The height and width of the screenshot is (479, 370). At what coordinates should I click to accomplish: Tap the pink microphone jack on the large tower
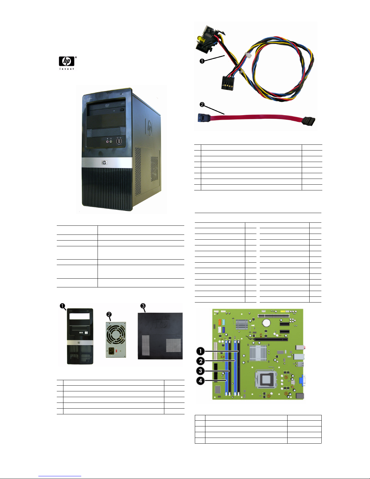click(x=108, y=141)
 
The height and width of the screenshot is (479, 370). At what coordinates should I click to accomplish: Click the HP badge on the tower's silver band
click(x=104, y=163)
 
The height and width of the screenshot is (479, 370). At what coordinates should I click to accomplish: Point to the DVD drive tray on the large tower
click(x=106, y=108)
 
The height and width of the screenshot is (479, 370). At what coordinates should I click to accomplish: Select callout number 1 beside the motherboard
click(x=201, y=351)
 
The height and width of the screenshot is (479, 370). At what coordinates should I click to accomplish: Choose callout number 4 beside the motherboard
click(x=201, y=381)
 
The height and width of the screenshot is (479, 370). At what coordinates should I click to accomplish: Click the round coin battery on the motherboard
click(x=266, y=323)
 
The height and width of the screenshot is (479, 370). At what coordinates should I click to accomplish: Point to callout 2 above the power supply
click(x=109, y=315)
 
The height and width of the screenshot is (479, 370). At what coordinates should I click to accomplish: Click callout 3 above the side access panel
click(x=143, y=306)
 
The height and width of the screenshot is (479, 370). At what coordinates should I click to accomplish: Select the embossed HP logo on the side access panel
click(x=163, y=324)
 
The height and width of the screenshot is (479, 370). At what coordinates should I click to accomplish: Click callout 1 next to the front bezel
click(x=63, y=306)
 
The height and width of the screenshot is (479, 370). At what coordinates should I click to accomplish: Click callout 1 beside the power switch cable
click(x=202, y=61)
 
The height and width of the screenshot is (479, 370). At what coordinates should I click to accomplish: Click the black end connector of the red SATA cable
click(x=308, y=121)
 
